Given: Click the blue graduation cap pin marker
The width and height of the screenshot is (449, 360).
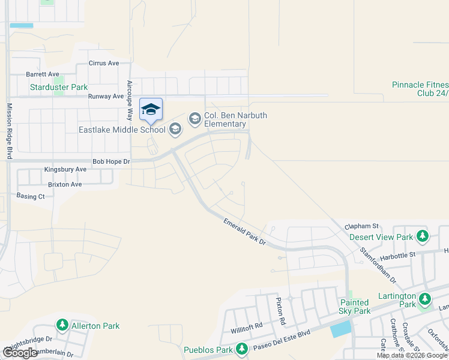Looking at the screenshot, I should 151,109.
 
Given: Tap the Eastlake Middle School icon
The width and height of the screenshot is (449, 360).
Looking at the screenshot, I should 175,129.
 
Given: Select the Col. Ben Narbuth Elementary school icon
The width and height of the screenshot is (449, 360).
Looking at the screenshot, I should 194,119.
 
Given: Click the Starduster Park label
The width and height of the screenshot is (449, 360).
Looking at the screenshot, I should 59,87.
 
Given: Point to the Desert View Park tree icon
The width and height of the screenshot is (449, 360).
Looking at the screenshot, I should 423,236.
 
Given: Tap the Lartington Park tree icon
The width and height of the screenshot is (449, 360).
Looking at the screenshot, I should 425,298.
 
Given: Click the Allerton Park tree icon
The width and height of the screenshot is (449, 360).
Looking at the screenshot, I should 62,325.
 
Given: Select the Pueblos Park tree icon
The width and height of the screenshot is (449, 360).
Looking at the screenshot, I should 241,349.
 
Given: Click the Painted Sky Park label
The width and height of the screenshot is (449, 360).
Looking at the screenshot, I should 355,307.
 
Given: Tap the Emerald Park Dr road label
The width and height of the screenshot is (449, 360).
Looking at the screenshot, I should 244,232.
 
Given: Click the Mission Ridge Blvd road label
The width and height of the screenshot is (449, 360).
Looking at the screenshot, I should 9,130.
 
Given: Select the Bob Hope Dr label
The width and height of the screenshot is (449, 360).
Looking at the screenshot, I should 111,161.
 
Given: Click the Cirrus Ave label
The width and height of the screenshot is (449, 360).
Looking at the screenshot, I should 104,63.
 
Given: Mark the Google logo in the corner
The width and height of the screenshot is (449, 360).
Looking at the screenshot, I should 20,353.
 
